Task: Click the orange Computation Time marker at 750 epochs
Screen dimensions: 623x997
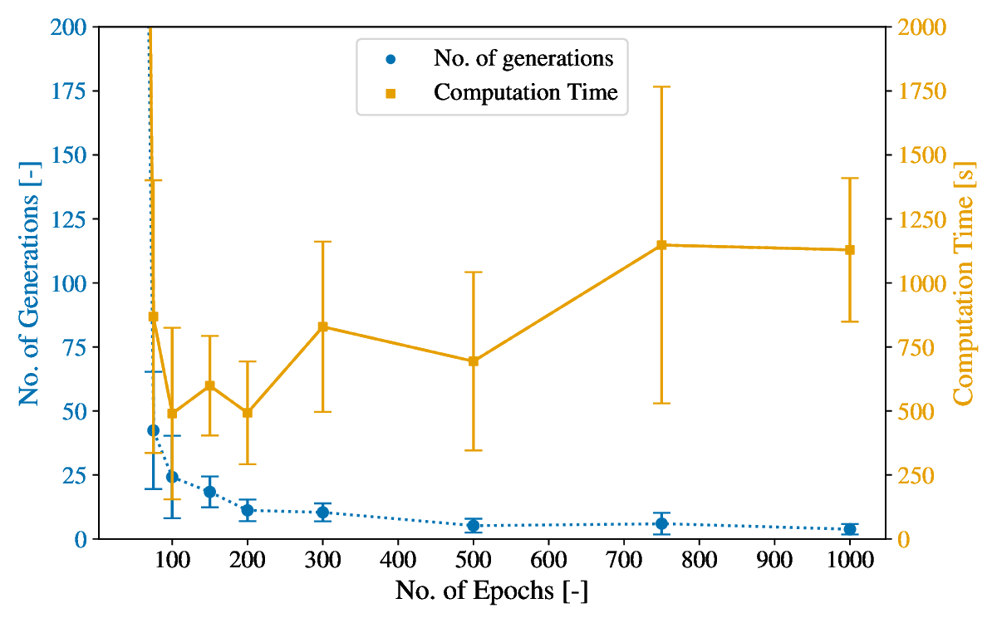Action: [661, 245]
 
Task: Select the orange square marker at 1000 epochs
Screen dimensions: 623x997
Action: [850, 250]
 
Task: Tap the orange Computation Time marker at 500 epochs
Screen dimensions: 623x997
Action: [473, 361]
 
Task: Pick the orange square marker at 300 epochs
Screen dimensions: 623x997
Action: [322, 326]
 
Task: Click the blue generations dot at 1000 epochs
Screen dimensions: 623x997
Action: [850, 529]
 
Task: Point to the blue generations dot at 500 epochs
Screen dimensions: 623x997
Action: [473, 525]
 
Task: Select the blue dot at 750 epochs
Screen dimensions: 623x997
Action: [661, 523]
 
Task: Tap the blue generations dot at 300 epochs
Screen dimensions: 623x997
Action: [322, 513]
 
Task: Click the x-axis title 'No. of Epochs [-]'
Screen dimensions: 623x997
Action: [492, 591]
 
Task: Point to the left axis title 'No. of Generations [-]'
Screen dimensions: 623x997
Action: [30, 282]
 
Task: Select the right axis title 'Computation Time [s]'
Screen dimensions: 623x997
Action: [964, 282]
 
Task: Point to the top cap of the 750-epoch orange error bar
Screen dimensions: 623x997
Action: [661, 86]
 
